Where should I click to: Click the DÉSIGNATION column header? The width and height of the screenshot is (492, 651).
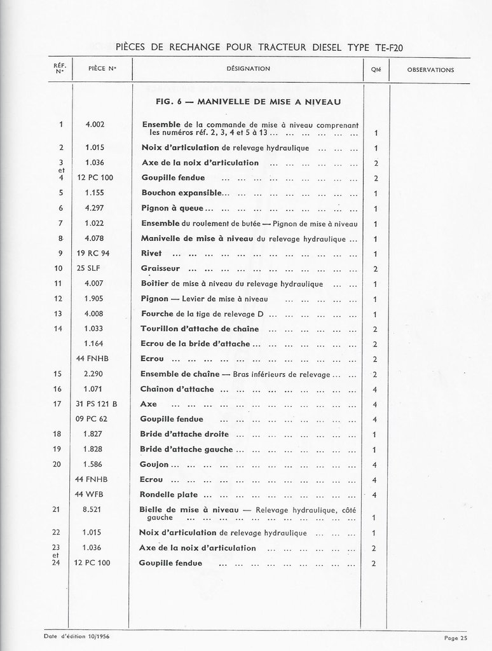248,69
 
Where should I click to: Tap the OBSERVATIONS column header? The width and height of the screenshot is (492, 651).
430,70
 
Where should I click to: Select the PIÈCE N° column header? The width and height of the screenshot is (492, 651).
102,69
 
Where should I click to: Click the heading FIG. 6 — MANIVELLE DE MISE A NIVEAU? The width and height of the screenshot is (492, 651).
249,102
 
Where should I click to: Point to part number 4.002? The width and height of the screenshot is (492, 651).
94,125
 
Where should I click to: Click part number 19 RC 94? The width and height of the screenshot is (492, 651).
97,253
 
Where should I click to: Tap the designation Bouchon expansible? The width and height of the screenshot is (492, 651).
181,192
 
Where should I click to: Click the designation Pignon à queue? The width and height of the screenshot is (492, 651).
172,208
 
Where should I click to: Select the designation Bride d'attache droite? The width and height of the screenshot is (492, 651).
184,434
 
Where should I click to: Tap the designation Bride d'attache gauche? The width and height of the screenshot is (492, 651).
186,449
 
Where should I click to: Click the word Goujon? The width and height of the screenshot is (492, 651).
154,464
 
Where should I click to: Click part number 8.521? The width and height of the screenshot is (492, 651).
93,509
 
